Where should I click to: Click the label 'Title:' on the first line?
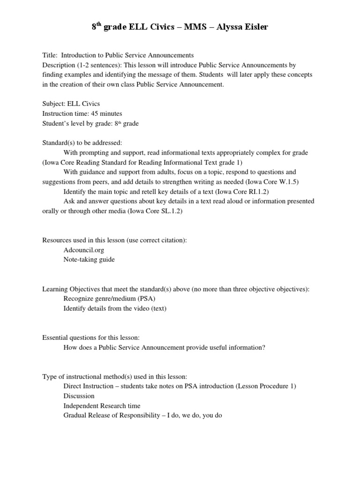[x=50, y=56]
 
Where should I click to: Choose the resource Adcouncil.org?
[x=83, y=250]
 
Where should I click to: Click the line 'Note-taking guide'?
[x=89, y=259]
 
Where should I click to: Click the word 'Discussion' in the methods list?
[x=78, y=396]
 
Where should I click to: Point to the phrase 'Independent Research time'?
[x=102, y=405]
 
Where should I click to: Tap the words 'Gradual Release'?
[x=87, y=415]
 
